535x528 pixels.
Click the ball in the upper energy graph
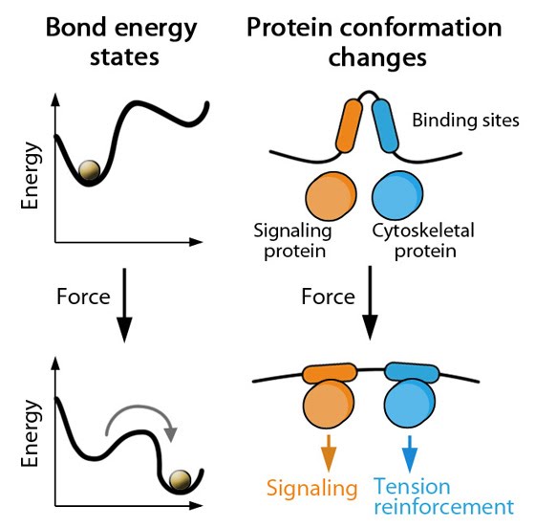[x=89, y=169]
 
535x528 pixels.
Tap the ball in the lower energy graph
[x=181, y=480]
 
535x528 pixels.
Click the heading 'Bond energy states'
[x=122, y=42]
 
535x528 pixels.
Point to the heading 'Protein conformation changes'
[x=374, y=42]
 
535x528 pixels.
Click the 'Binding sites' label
[x=466, y=121]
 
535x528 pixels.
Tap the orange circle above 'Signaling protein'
[x=331, y=196]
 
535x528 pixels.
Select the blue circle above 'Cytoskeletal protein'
[x=397, y=196]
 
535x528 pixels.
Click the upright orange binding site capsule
[x=349, y=125]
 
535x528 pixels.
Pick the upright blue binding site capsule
[x=385, y=125]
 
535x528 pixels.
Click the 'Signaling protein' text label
[x=292, y=240]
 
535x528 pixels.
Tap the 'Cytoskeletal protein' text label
[x=423, y=240]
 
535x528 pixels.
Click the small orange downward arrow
[x=329, y=452]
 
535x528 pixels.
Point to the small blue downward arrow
[x=410, y=453]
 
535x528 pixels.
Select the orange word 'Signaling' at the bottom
[x=311, y=489]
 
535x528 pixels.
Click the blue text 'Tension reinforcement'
[x=443, y=496]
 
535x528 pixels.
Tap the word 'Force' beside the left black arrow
[x=84, y=297]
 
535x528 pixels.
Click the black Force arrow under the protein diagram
[x=370, y=303]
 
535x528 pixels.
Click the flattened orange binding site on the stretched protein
[x=330, y=373]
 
